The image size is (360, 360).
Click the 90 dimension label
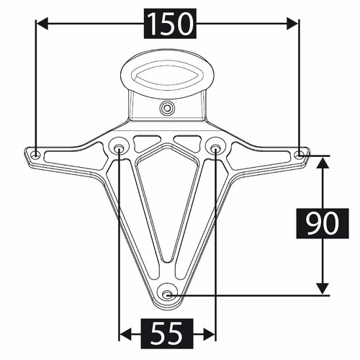point(321,225)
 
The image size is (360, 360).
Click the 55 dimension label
point(167,333)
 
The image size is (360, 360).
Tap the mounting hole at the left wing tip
point(35,153)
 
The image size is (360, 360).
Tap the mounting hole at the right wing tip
point(300,153)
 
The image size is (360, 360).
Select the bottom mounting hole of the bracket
point(168,293)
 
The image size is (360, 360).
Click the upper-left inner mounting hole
point(119,148)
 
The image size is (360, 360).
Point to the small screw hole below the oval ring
point(167,109)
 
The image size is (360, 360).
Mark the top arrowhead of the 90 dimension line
point(321,161)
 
